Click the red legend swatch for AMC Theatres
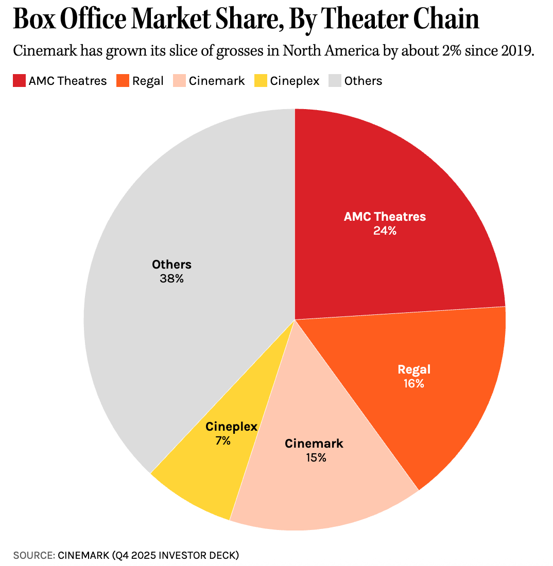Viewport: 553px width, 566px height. pos(19,81)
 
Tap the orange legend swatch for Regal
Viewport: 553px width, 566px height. pos(123,81)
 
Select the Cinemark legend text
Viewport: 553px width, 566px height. pos(217,81)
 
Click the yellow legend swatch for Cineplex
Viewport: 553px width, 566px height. pos(261,81)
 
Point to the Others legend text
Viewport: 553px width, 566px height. pos(363,81)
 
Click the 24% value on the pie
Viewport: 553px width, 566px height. pos(385,231)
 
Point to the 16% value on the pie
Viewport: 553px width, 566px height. pos(413,383)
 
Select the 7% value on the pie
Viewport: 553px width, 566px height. pos(223,440)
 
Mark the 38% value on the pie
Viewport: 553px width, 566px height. pos(171,279)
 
